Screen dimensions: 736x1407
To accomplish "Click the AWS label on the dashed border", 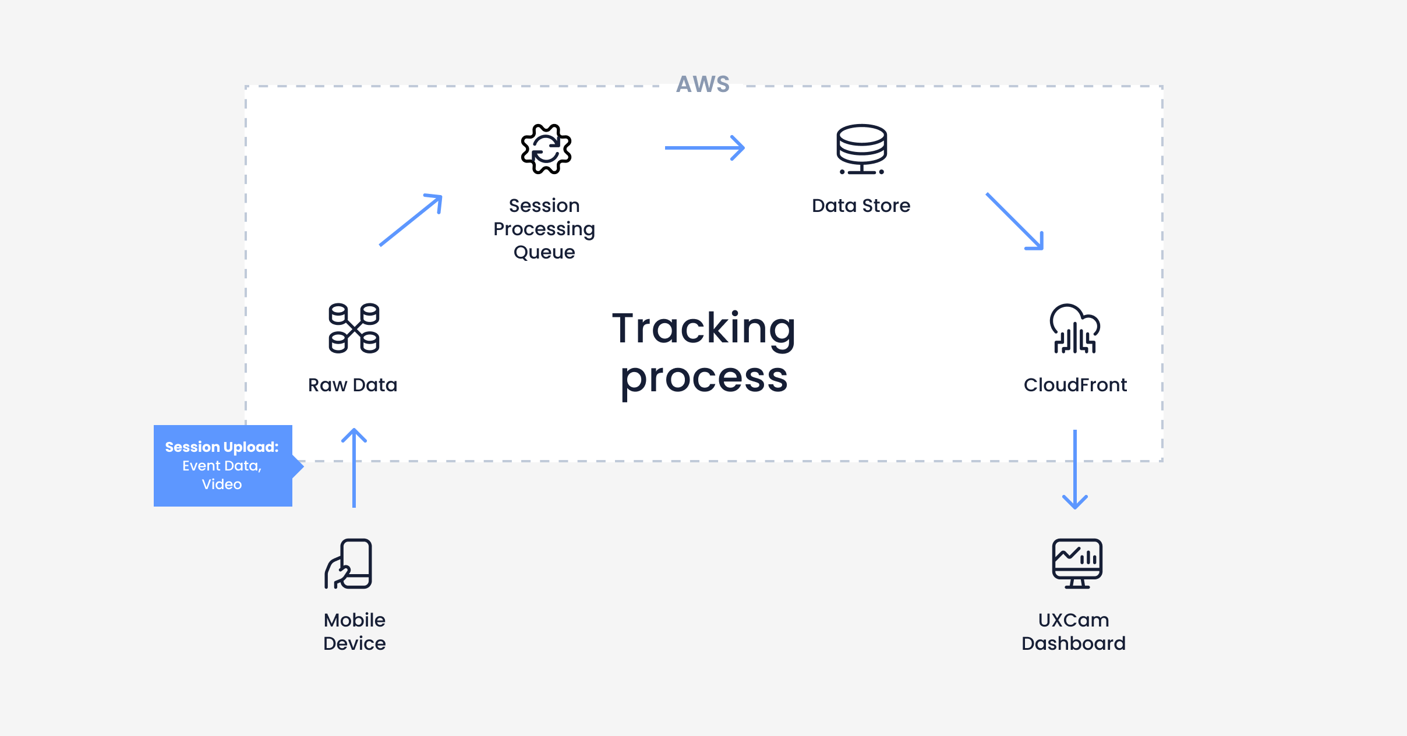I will (x=703, y=84).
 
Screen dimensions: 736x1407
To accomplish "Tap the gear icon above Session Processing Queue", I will (x=546, y=149).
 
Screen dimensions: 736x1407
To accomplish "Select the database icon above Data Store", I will (x=861, y=149).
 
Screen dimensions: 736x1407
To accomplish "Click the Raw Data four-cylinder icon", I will (x=353, y=328).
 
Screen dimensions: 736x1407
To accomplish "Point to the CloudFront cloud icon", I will (x=1074, y=328).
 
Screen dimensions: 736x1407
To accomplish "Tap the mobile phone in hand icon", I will (x=349, y=564).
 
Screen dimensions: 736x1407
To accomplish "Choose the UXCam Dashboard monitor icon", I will (x=1077, y=563).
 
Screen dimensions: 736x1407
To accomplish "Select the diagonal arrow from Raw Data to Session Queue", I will (x=411, y=220).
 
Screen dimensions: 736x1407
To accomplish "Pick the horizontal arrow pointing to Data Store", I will (x=705, y=148).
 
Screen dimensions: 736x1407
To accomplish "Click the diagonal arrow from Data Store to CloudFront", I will (x=1014, y=221).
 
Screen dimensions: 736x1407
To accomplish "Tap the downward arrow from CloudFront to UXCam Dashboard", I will (x=1075, y=469).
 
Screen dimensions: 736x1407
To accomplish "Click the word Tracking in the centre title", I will (x=703, y=328).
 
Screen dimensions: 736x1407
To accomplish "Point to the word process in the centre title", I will (x=703, y=378).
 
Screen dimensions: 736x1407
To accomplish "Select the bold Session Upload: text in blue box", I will (x=222, y=447).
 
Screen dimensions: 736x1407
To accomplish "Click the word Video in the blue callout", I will (x=222, y=484).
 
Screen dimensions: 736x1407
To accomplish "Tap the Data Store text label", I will (x=861, y=206).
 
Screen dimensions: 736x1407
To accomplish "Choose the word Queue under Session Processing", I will (x=544, y=252).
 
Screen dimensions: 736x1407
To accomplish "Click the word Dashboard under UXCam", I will (x=1073, y=643).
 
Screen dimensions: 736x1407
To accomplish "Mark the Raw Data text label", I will (x=352, y=385).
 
